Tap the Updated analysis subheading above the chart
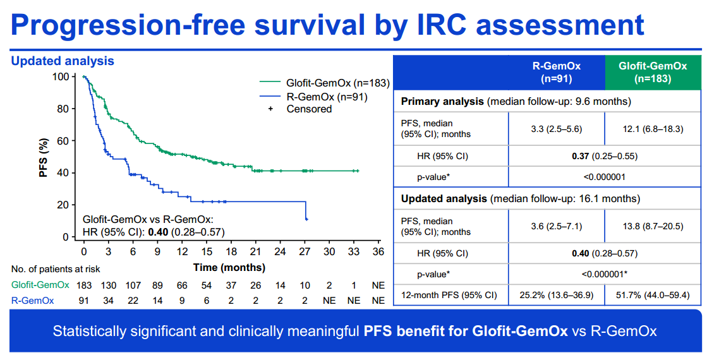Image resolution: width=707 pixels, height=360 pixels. point(63,61)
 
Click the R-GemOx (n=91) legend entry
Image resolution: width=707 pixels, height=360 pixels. point(314,96)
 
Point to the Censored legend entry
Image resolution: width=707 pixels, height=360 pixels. point(301,109)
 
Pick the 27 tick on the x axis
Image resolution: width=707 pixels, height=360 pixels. point(305,251)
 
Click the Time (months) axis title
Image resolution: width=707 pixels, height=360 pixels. point(229,267)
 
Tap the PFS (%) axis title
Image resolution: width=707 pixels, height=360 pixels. point(44,157)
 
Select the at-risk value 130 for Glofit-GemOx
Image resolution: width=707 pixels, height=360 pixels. point(109,285)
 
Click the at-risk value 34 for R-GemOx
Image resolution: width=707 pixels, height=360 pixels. point(109,300)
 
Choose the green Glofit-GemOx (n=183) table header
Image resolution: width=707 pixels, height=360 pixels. point(653,72)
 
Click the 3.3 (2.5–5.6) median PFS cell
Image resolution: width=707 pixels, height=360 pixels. point(557,129)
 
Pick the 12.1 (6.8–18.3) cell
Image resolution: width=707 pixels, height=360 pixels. point(653,129)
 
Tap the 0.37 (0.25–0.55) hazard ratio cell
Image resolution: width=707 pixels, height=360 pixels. point(605,157)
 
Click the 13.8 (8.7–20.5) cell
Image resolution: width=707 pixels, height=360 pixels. point(653,226)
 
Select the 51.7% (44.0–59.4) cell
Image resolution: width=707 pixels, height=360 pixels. point(653,295)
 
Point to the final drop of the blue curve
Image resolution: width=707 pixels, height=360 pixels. point(306,210)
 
